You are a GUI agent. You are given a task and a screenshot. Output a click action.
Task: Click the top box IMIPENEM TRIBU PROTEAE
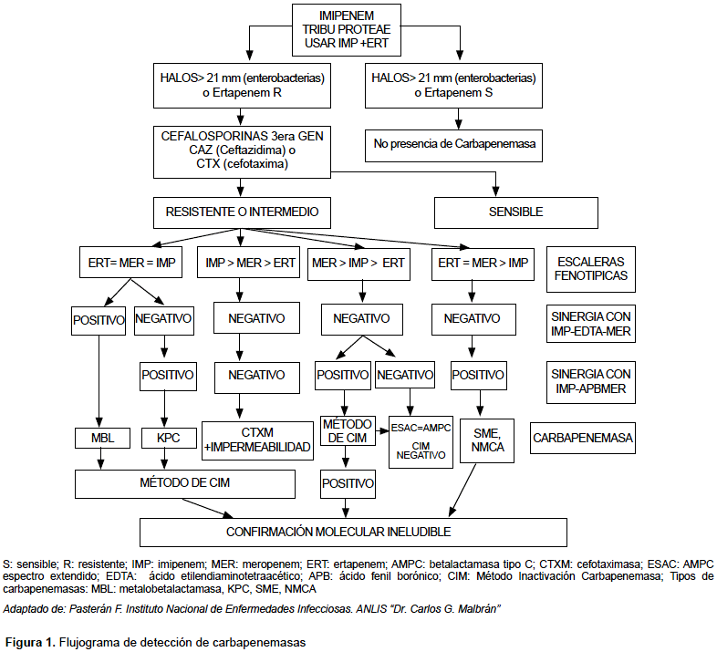pyautogui.click(x=346, y=30)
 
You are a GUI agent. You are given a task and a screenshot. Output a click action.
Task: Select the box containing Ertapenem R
pyautogui.click(x=242, y=86)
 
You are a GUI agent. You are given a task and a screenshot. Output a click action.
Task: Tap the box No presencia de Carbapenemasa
pyautogui.click(x=453, y=146)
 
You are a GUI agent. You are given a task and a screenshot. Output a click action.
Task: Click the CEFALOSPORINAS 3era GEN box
pyautogui.click(x=242, y=152)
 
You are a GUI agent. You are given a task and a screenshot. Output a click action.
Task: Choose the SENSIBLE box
pyautogui.click(x=515, y=212)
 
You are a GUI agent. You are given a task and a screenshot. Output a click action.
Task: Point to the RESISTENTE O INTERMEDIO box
pyautogui.click(x=242, y=212)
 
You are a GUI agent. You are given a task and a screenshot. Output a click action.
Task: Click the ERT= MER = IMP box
pyautogui.click(x=130, y=263)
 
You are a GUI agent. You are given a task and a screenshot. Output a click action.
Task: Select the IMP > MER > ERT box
pyautogui.click(x=249, y=263)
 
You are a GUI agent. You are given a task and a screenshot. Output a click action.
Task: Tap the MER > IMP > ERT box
pyautogui.click(x=359, y=264)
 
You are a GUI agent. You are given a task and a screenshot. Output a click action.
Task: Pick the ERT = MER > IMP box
pyautogui.click(x=483, y=264)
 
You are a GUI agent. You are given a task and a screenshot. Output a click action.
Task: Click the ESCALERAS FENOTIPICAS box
pyautogui.click(x=591, y=269)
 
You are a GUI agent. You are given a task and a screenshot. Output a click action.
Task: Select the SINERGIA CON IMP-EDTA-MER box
pyautogui.click(x=591, y=324)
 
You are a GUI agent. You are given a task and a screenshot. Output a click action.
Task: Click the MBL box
pyautogui.click(x=102, y=438)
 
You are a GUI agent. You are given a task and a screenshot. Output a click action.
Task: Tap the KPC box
pyautogui.click(x=169, y=438)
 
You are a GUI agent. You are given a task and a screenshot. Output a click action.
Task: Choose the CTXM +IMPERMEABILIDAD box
pyautogui.click(x=257, y=440)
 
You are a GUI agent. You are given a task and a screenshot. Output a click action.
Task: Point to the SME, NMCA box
pyautogui.click(x=487, y=440)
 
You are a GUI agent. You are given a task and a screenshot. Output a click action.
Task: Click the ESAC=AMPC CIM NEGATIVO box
pyautogui.click(x=421, y=442)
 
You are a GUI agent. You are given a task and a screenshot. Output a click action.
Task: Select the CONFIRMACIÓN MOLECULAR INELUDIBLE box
pyautogui.click(x=353, y=533)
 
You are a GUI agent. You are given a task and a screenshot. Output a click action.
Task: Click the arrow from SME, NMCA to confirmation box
pyautogui.click(x=462, y=490)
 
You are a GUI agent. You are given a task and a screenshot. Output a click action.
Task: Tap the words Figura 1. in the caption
pyautogui.click(x=31, y=642)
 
